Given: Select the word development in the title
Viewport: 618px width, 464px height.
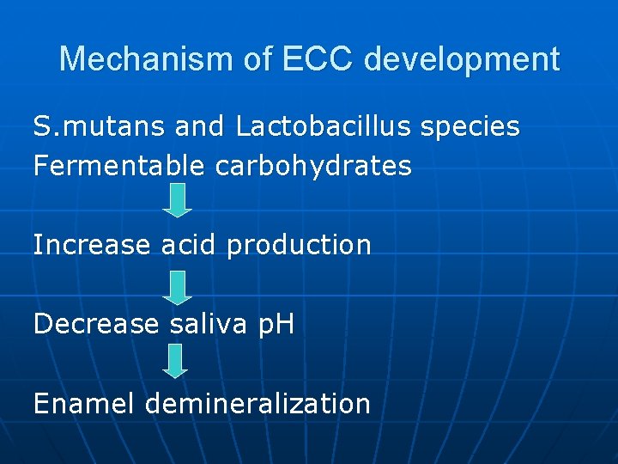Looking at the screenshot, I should [x=462, y=59].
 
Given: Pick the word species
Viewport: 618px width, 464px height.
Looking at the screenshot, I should [x=470, y=128].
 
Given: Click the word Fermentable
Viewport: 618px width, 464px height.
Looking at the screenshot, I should [x=119, y=166].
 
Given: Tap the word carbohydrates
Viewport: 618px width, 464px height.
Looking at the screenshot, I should [x=313, y=166].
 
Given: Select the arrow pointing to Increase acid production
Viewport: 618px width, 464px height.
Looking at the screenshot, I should [x=177, y=200].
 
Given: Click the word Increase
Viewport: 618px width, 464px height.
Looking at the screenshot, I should [x=92, y=245].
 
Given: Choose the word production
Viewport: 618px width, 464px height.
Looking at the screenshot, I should [x=299, y=246].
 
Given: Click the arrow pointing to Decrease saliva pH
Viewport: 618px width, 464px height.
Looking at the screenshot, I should [x=177, y=288].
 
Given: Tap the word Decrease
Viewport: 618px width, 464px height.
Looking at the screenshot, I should [x=96, y=324].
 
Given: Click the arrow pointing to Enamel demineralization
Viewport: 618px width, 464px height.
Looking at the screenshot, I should [x=175, y=361].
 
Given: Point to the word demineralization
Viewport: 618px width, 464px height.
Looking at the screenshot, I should [x=258, y=403].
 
